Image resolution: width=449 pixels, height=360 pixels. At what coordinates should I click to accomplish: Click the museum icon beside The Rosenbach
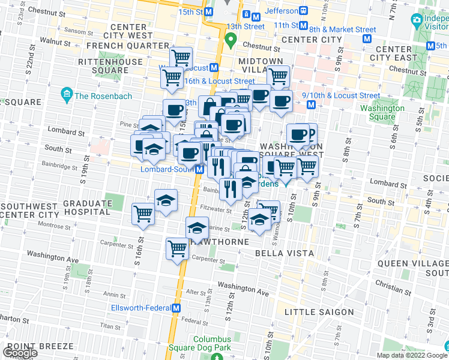point(66,95)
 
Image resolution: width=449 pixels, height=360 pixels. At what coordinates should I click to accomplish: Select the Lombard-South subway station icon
point(199,170)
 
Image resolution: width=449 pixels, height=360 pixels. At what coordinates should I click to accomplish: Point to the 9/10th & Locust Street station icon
point(311,105)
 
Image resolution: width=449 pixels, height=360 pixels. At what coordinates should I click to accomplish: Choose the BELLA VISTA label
point(285,253)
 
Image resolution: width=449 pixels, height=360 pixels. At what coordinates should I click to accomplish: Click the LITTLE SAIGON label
point(311,312)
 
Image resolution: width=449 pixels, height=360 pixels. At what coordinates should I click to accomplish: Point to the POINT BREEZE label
point(40,347)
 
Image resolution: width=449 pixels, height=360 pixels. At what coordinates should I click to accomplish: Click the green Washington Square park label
point(382,113)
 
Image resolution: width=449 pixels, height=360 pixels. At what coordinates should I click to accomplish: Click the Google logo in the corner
point(20,353)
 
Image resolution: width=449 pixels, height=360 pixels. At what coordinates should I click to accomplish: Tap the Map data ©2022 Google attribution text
point(410,355)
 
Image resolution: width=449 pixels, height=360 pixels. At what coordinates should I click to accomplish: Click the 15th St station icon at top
point(209,12)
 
